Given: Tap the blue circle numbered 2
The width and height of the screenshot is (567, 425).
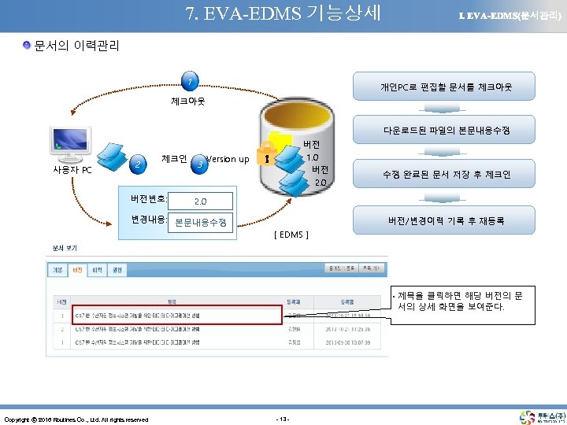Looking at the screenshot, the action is [139, 164].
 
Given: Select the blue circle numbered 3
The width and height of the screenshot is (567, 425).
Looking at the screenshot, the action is [202, 164].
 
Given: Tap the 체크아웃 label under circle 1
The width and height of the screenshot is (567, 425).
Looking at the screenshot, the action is [188, 102].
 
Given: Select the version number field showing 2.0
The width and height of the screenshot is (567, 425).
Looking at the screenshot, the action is [201, 201].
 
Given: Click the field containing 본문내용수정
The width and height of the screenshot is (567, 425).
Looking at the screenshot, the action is [201, 222].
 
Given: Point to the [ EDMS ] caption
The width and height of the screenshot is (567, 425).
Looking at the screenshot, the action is [291, 234].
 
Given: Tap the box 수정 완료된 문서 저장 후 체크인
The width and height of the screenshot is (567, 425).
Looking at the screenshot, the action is [446, 174].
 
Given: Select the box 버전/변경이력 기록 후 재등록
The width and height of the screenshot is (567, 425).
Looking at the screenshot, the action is [446, 220].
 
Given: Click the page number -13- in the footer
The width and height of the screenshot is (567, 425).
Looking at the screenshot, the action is [283, 418].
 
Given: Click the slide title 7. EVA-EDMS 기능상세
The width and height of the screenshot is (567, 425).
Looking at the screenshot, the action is [283, 13].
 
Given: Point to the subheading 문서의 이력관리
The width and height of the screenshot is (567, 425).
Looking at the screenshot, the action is [76, 46].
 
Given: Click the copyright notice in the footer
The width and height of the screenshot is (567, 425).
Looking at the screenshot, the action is [76, 419].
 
